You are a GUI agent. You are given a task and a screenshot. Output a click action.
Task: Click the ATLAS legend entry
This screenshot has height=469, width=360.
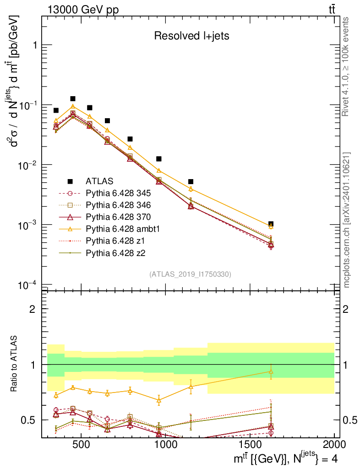tap(99, 181)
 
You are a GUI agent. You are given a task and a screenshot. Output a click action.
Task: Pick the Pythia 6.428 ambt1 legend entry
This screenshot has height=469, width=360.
tap(118, 229)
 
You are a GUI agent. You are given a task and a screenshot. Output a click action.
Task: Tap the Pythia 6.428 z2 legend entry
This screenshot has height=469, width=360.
tap(113, 252)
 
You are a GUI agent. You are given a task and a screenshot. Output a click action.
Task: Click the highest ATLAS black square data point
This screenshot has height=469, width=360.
tap(72, 98)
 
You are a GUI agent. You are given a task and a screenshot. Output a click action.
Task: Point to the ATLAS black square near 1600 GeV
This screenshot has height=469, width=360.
tap(271, 224)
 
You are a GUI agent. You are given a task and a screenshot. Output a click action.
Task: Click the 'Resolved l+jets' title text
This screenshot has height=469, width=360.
tap(191, 36)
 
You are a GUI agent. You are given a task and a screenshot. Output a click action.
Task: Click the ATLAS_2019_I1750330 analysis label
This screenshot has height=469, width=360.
tap(190, 274)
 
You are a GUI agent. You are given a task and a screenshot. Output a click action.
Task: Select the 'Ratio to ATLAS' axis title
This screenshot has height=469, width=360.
tap(15, 364)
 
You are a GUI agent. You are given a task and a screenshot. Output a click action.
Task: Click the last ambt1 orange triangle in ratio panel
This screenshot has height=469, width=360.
tap(271, 371)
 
